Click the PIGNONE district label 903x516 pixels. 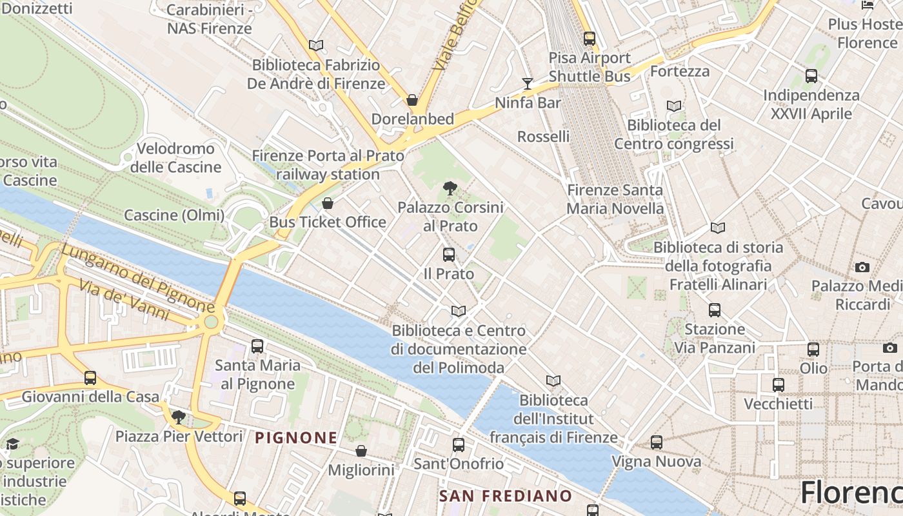tap(296, 438)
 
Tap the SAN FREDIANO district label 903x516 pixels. tap(506, 496)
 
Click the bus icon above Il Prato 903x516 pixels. tap(449, 255)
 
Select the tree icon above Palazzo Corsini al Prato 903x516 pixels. tap(450, 188)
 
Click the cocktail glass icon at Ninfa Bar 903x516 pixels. tap(528, 84)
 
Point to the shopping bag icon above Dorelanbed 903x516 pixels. tap(412, 100)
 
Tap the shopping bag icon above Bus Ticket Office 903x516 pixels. tap(328, 203)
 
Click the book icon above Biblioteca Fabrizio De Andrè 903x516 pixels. tap(316, 45)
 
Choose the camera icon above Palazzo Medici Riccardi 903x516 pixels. tap(862, 267)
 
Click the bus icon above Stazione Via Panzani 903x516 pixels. tap(715, 310)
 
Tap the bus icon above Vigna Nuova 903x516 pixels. tap(657, 442)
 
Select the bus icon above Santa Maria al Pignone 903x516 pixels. tap(257, 346)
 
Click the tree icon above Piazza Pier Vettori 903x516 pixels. tap(179, 417)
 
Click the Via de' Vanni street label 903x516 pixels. tap(126, 301)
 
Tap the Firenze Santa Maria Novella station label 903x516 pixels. tap(615, 199)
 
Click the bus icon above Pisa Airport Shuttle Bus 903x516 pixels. tap(589, 39)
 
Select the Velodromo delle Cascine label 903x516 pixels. tap(176, 158)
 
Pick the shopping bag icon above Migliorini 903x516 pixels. tap(361, 451)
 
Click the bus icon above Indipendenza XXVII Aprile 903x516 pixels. tap(811, 76)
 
